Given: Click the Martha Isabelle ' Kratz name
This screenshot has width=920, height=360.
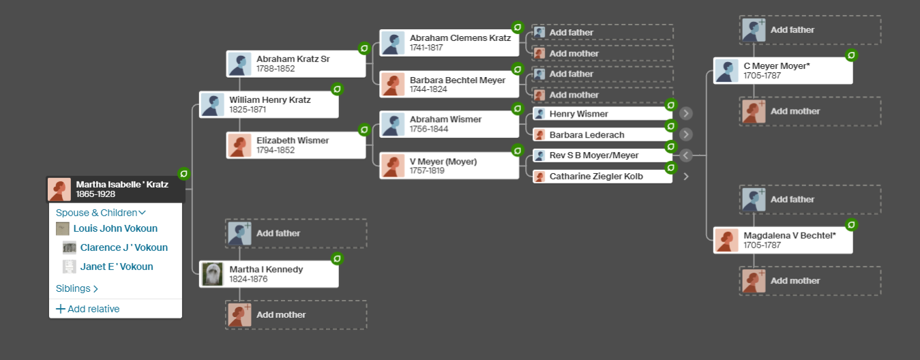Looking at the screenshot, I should (x=121, y=184).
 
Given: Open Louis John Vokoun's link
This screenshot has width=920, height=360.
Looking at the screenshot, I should (x=115, y=228).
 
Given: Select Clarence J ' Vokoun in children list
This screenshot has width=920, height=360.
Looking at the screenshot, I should (x=123, y=247).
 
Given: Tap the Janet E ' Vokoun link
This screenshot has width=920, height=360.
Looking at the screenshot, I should (x=116, y=267).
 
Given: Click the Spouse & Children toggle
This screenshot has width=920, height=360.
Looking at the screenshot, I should (x=101, y=213).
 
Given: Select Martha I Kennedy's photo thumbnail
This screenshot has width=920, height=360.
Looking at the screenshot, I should (x=213, y=274).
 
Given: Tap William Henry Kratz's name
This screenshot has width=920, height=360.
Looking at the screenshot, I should (x=269, y=100).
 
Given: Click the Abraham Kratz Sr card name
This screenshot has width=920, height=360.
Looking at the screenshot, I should (x=293, y=59).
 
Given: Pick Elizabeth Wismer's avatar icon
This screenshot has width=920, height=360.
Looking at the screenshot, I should (x=239, y=145).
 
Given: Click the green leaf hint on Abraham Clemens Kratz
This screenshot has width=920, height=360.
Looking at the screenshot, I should (x=518, y=28).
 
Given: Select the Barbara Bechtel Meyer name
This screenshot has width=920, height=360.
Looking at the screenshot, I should (x=457, y=80).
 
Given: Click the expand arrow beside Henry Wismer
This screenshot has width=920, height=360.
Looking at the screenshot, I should (x=686, y=114).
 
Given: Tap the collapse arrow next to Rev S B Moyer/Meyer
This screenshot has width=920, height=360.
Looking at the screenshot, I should (x=686, y=155).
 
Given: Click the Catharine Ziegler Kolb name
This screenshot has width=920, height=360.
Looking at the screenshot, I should (x=595, y=176).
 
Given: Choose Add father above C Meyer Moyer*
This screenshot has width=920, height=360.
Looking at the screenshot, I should (x=792, y=30).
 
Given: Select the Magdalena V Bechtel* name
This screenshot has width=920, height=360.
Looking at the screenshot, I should (x=789, y=235).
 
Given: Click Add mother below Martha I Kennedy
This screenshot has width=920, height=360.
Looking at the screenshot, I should (x=280, y=315).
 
